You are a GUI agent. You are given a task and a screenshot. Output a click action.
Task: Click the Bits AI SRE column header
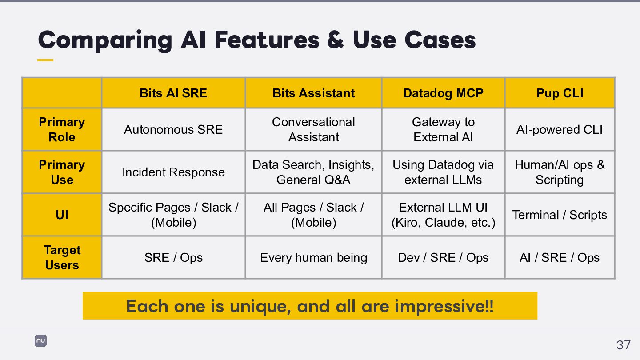tap(173, 93)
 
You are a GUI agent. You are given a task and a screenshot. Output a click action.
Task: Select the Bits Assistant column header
tap(313, 93)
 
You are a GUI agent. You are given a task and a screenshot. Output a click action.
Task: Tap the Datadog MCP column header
tap(443, 93)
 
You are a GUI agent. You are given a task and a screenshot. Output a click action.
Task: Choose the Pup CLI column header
tap(560, 93)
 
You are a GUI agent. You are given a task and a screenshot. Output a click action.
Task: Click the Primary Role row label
tap(62, 129)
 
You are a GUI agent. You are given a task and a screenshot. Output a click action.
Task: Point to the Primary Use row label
tap(62, 172)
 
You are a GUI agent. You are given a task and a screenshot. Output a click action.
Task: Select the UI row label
tap(62, 215)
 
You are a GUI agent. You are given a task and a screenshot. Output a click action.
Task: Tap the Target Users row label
tap(62, 257)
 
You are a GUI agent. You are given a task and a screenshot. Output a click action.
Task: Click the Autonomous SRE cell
tap(173, 129)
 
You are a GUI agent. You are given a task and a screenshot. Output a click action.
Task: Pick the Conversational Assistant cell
tap(313, 129)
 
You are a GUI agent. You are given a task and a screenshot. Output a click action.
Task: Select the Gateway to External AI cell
tap(443, 129)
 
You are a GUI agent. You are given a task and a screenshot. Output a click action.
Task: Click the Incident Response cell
tap(173, 172)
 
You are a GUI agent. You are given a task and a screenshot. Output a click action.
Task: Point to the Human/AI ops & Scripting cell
tap(560, 172)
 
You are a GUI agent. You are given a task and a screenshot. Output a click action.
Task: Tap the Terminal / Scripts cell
tap(560, 215)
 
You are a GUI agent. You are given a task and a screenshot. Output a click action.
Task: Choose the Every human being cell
tap(313, 257)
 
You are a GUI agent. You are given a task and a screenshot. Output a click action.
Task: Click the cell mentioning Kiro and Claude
tap(443, 215)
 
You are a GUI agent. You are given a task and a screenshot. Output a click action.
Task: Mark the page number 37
tap(623, 344)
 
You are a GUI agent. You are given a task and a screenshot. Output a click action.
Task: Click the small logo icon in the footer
tap(40, 341)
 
